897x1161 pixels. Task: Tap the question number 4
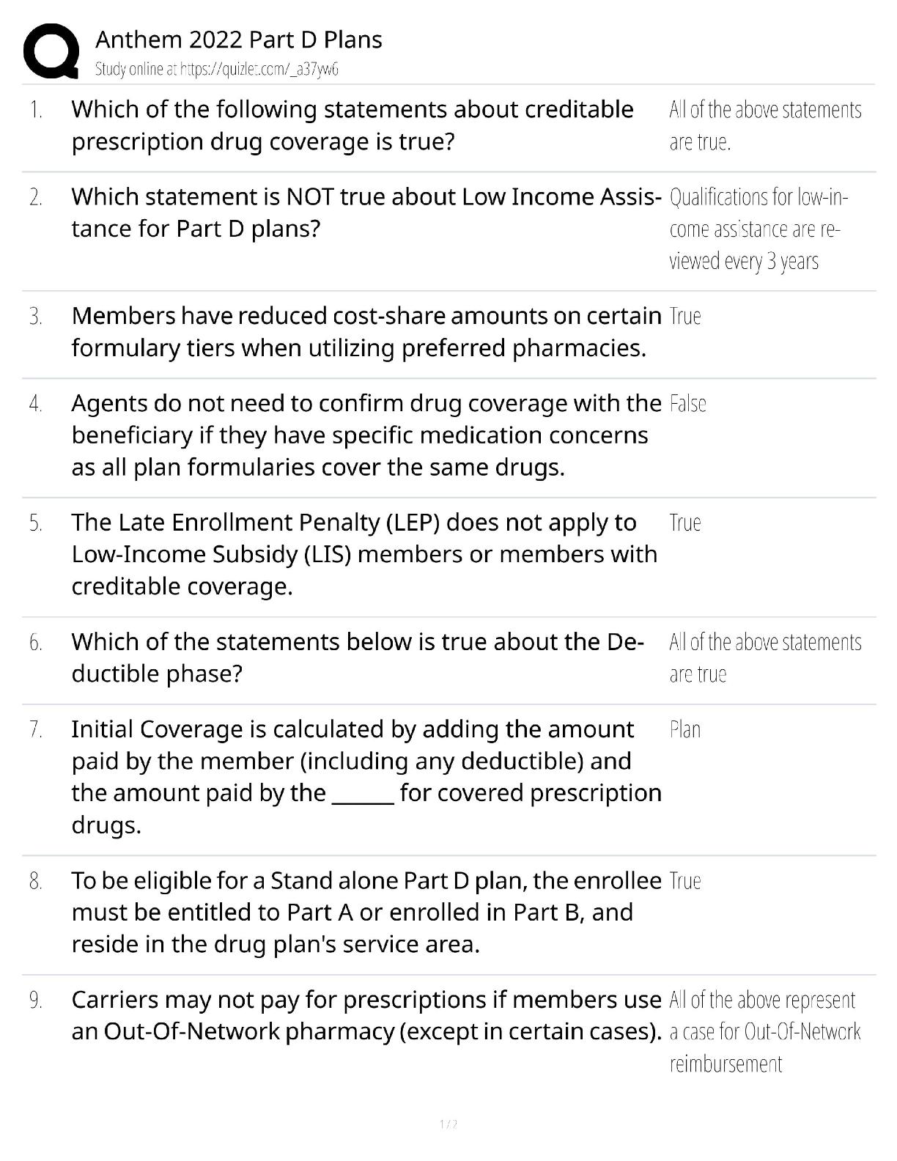(x=36, y=404)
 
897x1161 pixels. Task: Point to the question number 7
(x=36, y=730)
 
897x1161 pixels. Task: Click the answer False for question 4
(x=687, y=404)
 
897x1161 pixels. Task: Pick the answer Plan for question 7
(x=685, y=730)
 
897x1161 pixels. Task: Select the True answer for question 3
(x=685, y=317)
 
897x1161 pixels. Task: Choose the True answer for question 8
(x=685, y=881)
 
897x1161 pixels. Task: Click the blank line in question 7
(x=363, y=795)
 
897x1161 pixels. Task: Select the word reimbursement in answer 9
(x=726, y=1064)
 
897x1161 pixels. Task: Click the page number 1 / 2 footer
(x=448, y=1124)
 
